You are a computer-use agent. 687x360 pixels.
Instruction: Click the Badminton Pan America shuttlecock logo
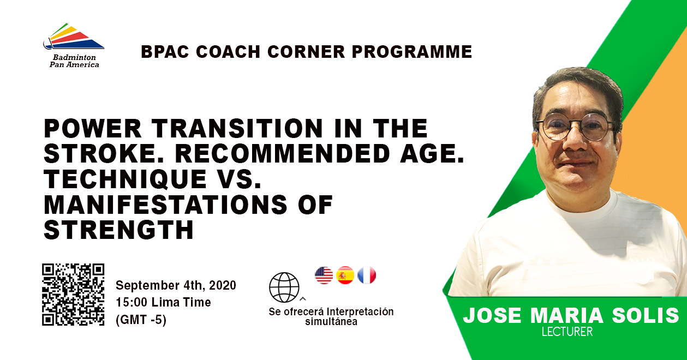(x=74, y=36)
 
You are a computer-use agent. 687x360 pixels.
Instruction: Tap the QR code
(x=73, y=295)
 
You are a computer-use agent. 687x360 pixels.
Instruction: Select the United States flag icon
(x=324, y=275)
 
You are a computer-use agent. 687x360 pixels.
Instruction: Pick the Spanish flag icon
(x=345, y=275)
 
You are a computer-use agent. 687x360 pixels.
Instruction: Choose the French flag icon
(x=367, y=275)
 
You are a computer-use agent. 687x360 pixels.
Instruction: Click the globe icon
(x=284, y=287)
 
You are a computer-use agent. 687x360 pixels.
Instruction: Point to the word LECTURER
(x=567, y=332)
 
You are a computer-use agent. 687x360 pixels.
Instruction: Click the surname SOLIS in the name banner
(x=646, y=315)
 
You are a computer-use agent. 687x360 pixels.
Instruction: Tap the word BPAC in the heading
(x=165, y=51)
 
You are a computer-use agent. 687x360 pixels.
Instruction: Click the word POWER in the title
(x=93, y=128)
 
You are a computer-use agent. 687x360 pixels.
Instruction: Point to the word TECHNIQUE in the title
(x=125, y=179)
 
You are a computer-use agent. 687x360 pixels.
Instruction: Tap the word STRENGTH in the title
(x=119, y=230)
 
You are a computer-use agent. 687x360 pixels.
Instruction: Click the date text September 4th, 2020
(x=176, y=285)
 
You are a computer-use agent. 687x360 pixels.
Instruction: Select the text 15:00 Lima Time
(x=164, y=302)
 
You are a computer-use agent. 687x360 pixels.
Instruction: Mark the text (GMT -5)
(x=141, y=320)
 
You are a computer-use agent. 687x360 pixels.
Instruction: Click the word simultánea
(x=331, y=322)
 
